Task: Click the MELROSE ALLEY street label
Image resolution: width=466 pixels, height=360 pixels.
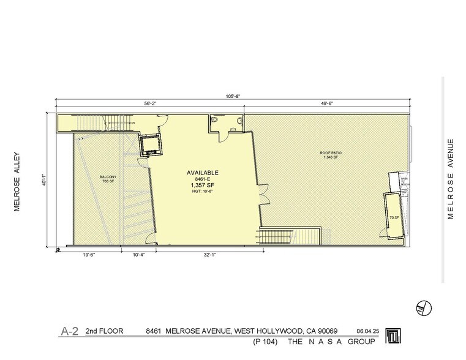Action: tap(18, 181)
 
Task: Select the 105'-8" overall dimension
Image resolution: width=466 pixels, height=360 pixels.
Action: tap(231, 96)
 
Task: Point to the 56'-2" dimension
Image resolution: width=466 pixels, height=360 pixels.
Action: tap(150, 104)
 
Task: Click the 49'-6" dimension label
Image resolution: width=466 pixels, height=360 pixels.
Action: tap(326, 104)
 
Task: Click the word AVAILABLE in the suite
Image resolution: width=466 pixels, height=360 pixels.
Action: tap(202, 173)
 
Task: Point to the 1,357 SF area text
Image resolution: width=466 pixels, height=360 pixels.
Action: tap(202, 184)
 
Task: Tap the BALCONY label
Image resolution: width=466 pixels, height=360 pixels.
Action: tap(108, 178)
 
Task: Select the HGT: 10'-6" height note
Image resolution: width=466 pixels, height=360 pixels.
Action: tap(202, 191)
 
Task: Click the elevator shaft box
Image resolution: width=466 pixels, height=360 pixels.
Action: tap(149, 144)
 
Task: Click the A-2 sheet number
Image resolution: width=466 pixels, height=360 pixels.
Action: tap(69, 331)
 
